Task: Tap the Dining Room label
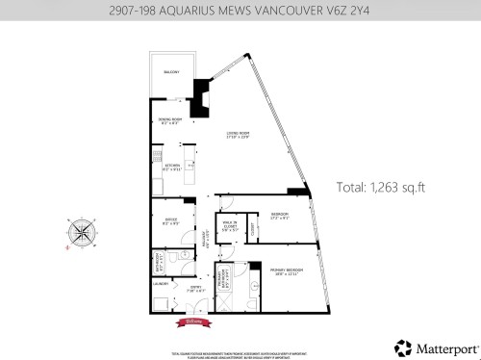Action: pos(169,121)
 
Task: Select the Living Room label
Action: pos(239,135)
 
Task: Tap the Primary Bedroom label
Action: pos(285,271)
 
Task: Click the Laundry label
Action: pos(161,284)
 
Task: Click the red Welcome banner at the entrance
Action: pos(190,322)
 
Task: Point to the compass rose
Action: pos(82,233)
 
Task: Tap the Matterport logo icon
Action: pos(401,346)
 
